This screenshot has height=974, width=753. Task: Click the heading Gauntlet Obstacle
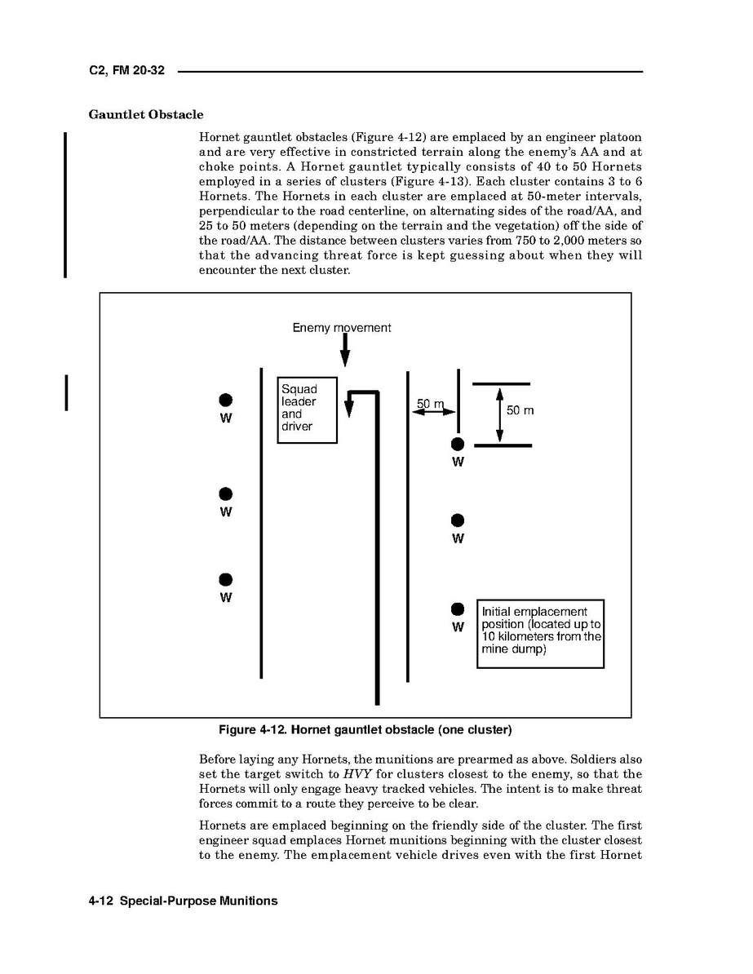tap(146, 114)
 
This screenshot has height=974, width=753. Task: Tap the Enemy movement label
tap(342, 328)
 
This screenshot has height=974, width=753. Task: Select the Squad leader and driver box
tap(308, 410)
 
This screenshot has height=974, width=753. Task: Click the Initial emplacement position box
tap(540, 633)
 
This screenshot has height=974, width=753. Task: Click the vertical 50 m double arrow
tap(499, 414)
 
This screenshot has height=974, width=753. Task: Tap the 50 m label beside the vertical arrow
tap(520, 410)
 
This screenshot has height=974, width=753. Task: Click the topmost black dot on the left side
tap(226, 400)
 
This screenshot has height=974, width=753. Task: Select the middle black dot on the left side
tap(226, 494)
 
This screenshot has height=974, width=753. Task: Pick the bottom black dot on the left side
tap(226, 579)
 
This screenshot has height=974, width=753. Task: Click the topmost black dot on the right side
tap(458, 444)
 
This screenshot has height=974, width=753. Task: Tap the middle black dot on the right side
tap(458, 520)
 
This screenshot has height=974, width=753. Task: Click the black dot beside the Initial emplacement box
tap(458, 609)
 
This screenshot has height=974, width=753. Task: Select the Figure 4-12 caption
tap(365, 728)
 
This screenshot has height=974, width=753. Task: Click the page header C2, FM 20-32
tap(126, 71)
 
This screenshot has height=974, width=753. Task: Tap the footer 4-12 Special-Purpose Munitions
tap(184, 901)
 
